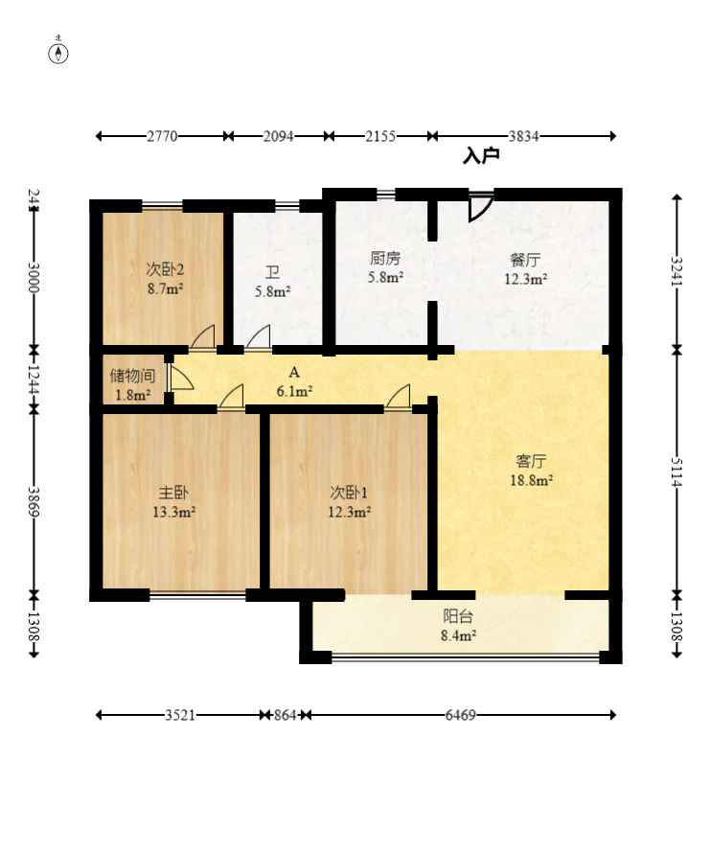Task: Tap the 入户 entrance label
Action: click(481, 156)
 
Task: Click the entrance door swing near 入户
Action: click(481, 208)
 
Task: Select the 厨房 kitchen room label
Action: click(385, 258)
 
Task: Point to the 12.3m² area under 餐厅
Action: click(525, 279)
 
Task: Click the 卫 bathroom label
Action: click(272, 272)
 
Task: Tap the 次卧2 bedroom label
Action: click(165, 269)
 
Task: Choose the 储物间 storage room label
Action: click(132, 376)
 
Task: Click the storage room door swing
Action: click(181, 377)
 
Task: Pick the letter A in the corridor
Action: click(294, 372)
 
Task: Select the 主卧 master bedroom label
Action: click(173, 493)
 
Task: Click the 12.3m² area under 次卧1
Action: click(349, 512)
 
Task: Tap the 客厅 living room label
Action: click(531, 461)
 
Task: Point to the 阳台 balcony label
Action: click(458, 616)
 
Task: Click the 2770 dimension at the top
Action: click(162, 136)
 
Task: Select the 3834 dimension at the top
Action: click(523, 136)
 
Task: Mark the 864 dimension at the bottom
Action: click(285, 715)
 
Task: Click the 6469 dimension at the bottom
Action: click(461, 715)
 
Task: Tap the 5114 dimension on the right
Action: click(677, 472)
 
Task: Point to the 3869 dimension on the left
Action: click(34, 501)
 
